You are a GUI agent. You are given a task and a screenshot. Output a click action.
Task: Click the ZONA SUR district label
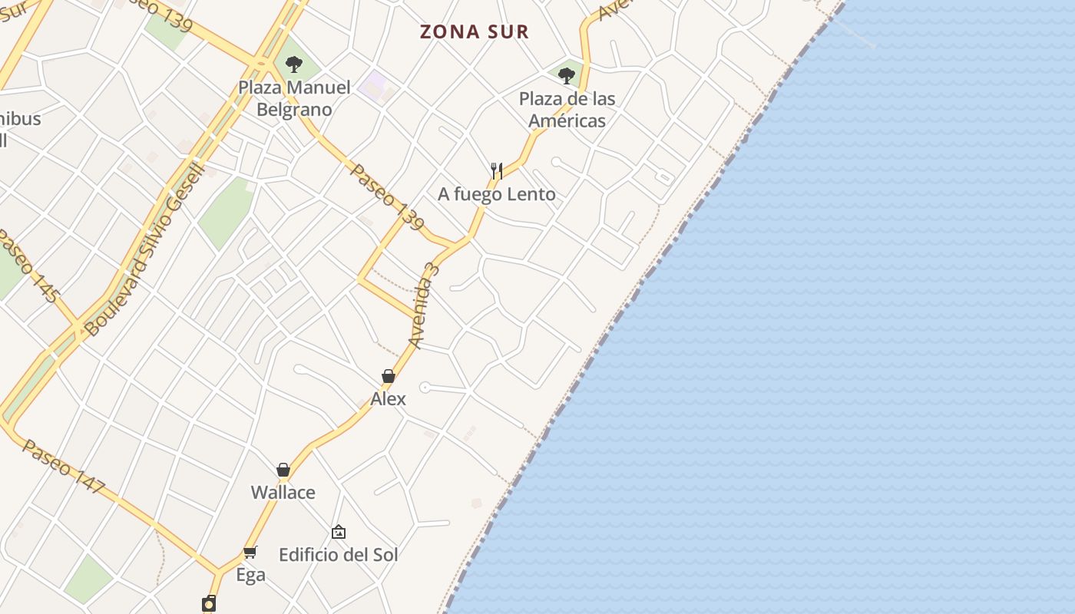(475, 31)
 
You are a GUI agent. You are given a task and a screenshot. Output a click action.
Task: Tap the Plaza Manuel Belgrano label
(294, 98)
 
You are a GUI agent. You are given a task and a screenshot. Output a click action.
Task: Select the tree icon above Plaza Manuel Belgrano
(293, 64)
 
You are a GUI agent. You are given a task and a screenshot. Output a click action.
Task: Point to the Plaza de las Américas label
(567, 110)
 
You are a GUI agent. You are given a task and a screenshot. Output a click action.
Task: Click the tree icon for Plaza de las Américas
(567, 75)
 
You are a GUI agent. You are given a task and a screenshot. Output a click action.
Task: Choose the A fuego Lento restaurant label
(496, 194)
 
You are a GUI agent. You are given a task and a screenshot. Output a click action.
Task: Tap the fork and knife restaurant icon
(497, 170)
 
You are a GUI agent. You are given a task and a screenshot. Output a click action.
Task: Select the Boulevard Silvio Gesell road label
(146, 249)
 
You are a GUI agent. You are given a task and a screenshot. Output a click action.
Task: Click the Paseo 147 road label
(63, 466)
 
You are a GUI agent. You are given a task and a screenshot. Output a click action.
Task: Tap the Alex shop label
(388, 399)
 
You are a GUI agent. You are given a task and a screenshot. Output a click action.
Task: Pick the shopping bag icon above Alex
(389, 376)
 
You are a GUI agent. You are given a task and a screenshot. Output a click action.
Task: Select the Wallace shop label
(283, 493)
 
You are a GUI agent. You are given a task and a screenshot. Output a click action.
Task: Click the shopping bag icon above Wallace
(283, 470)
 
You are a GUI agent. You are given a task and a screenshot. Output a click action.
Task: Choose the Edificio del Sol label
(338, 554)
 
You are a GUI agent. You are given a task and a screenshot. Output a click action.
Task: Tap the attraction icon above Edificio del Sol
(339, 531)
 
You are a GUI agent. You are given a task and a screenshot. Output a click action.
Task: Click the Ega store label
(250, 575)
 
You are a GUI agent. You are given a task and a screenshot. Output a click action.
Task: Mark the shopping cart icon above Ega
(250, 552)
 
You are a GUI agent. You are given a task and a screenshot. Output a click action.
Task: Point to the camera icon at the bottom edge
(209, 604)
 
